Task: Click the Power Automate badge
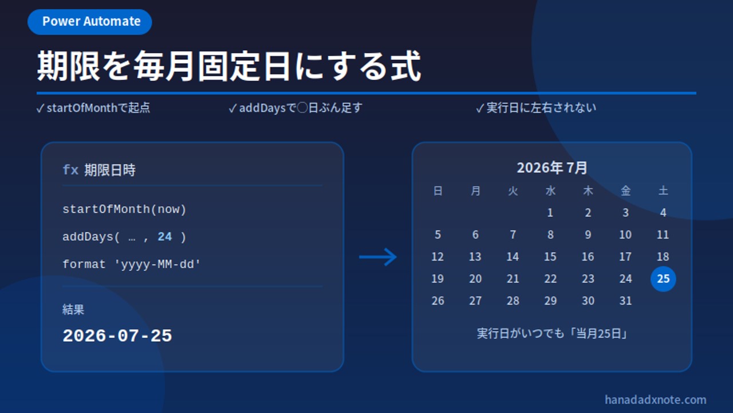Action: click(90, 22)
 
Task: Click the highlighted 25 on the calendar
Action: click(663, 279)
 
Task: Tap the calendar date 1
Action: click(550, 213)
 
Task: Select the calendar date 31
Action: click(625, 301)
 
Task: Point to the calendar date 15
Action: click(550, 256)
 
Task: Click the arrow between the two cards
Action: click(378, 257)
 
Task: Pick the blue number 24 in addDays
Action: click(164, 237)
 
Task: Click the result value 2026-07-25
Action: click(117, 336)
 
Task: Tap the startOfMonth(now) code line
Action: click(124, 209)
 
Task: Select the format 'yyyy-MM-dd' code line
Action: click(131, 264)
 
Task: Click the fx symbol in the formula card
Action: click(70, 170)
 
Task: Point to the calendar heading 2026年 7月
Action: click(551, 168)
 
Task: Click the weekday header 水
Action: click(550, 191)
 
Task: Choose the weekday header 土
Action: click(663, 191)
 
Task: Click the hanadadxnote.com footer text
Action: click(655, 400)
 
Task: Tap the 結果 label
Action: click(73, 309)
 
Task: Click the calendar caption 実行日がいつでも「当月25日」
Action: click(551, 334)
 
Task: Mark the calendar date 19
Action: click(438, 279)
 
